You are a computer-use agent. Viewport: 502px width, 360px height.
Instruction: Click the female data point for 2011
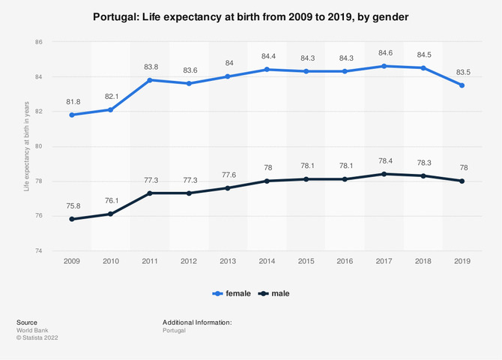tap(150, 80)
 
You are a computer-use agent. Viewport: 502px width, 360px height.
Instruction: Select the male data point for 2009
tap(72, 219)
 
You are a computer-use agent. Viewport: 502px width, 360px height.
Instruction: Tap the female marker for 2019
tap(462, 85)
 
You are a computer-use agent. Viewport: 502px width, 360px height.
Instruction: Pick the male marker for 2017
tap(384, 174)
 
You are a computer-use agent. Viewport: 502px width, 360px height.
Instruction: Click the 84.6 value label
tap(384, 52)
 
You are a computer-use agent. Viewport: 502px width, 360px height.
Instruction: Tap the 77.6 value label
tap(228, 174)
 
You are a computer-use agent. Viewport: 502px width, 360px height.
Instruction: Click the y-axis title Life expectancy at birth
tap(26, 146)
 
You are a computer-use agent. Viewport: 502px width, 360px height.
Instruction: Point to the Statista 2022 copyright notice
tap(37, 338)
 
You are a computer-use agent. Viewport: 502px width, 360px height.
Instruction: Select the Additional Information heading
tap(197, 322)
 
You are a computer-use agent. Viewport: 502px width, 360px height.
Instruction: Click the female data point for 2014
tap(267, 70)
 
